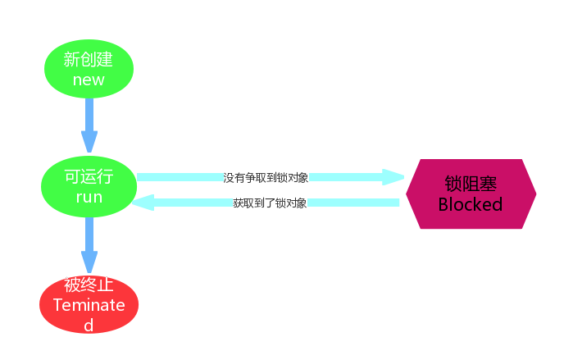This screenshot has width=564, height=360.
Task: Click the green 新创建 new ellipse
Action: point(89,69)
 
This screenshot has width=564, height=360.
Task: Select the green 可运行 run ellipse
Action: point(89,187)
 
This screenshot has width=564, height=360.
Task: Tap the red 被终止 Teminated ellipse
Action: point(89,304)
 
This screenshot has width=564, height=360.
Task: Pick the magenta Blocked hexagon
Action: point(471,194)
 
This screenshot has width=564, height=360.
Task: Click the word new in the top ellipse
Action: point(89,80)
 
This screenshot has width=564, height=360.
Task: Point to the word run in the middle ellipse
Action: point(89,198)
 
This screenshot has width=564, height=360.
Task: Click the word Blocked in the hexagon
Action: point(471,205)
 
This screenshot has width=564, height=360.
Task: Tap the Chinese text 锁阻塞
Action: point(471,184)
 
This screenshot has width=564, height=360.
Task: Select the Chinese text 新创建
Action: point(89,59)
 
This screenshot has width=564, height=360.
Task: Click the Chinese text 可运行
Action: point(89,177)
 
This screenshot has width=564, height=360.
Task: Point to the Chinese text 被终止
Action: point(89,285)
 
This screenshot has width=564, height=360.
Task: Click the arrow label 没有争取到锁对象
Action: point(266,177)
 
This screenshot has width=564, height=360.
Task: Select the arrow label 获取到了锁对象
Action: point(270,203)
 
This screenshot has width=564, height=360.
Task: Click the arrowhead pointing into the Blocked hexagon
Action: point(394,177)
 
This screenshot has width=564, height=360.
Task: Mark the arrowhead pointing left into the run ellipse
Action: point(143,203)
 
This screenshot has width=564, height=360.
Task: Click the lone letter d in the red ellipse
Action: point(89,325)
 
